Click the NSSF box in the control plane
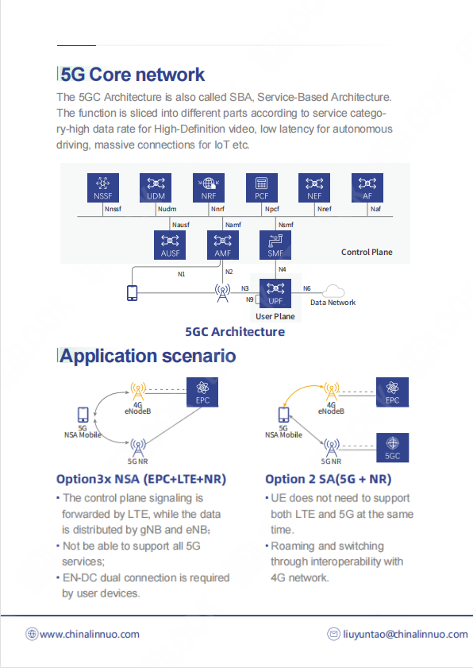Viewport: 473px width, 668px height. point(102,187)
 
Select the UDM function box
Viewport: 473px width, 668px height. point(156,187)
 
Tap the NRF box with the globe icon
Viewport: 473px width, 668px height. point(209,187)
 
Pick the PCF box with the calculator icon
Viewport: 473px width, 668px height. point(261,187)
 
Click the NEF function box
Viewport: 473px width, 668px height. point(314,187)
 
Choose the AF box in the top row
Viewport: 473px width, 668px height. point(367,187)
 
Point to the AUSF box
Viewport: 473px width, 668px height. point(170,245)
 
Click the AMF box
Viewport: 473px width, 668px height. point(223,245)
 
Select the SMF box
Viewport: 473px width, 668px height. point(275,245)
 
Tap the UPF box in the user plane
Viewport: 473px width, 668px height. point(275,294)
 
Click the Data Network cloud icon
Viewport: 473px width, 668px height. point(333,292)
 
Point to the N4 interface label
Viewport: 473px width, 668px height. point(283,269)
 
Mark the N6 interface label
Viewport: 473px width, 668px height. point(307,288)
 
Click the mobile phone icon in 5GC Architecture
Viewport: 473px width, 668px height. point(133,292)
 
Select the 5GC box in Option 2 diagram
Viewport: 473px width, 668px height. point(393,448)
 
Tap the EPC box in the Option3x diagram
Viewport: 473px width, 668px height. point(202,392)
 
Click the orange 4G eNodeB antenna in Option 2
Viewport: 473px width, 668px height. point(331,391)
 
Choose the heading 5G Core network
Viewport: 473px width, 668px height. point(133,75)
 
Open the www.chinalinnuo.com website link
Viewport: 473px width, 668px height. point(90,635)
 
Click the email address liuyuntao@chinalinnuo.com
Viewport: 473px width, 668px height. point(406,635)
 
